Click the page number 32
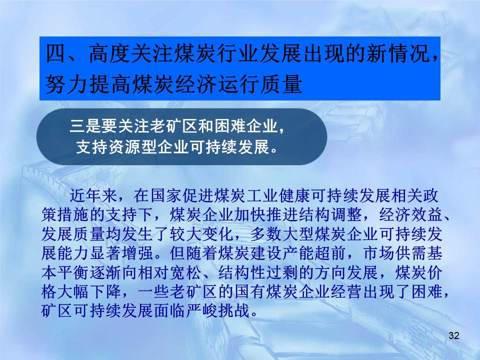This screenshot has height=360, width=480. point(453,335)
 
